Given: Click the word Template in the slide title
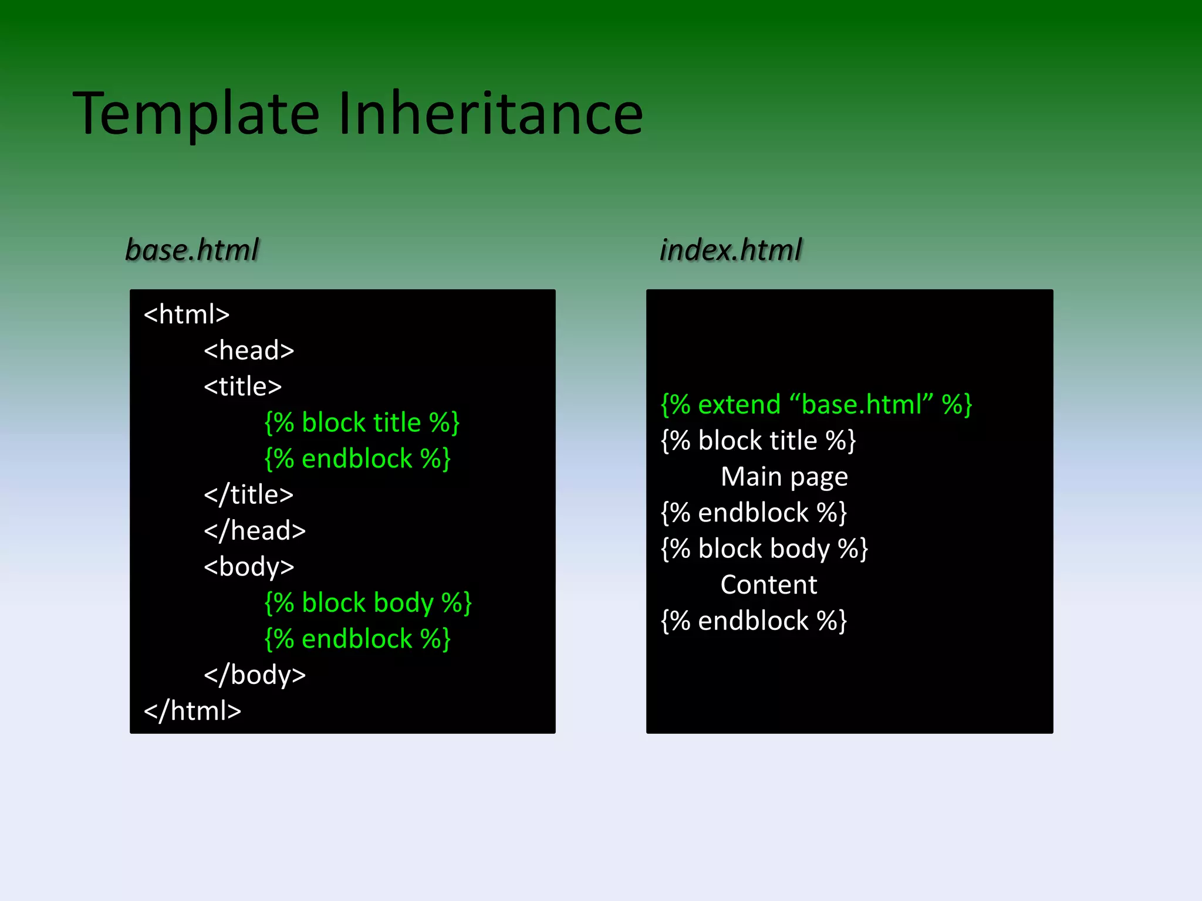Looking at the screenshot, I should click(x=197, y=114).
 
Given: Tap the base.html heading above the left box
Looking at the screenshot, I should click(x=192, y=250).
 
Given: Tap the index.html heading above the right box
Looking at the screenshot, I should click(x=730, y=250).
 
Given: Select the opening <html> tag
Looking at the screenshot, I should click(x=187, y=315).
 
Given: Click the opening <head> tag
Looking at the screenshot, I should click(x=249, y=351).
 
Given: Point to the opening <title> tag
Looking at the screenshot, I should click(x=243, y=387).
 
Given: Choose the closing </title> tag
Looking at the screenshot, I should click(x=248, y=495).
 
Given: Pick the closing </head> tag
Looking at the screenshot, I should click(x=255, y=531).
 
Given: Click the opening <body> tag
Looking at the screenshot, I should click(x=249, y=567).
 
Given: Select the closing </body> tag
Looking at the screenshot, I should click(x=255, y=675).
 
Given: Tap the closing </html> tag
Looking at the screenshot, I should click(x=193, y=711).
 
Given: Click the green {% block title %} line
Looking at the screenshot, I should click(x=362, y=423).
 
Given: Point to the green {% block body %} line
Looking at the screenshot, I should click(x=368, y=603).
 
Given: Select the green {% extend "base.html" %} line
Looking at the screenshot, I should click(x=816, y=405).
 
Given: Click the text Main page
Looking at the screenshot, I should click(x=784, y=477).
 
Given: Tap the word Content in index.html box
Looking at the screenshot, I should click(x=769, y=585).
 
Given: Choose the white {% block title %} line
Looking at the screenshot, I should click(x=758, y=441).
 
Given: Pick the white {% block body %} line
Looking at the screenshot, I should click(x=764, y=549).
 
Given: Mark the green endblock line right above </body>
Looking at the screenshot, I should click(x=357, y=639).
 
